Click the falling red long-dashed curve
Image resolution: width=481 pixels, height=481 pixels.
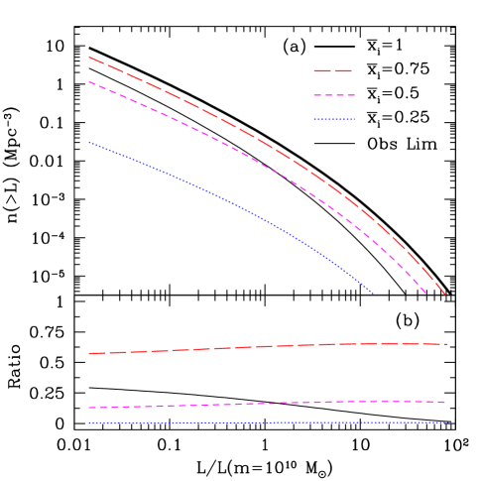point(238,126)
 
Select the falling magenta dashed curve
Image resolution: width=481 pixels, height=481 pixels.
point(238,150)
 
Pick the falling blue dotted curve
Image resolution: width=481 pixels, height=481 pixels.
point(238,205)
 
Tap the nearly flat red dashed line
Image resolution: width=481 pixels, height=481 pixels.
point(268,346)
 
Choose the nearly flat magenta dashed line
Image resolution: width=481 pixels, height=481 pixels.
point(268,403)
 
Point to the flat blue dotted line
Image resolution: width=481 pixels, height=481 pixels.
point(268,422)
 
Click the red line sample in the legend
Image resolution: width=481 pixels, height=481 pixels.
point(333,71)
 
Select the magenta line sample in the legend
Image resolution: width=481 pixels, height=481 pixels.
point(333,95)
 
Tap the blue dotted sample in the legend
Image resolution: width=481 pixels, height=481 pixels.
point(333,119)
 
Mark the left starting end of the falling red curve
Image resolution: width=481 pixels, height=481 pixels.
point(89,58)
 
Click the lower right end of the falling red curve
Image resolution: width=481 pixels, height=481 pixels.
point(445,294)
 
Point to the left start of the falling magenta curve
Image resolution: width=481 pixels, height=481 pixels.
point(89,81)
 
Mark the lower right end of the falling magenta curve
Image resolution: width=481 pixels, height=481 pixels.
point(424,293)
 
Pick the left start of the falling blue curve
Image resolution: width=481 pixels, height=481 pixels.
point(89,142)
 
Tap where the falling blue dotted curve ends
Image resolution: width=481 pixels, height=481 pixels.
point(373,293)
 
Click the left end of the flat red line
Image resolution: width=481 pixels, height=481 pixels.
point(89,353)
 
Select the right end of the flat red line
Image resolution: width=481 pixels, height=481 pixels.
point(447,344)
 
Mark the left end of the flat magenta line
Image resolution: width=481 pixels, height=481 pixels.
point(89,408)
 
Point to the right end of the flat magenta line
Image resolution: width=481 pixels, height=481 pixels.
point(445,402)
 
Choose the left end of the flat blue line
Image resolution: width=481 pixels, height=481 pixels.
point(89,422)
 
